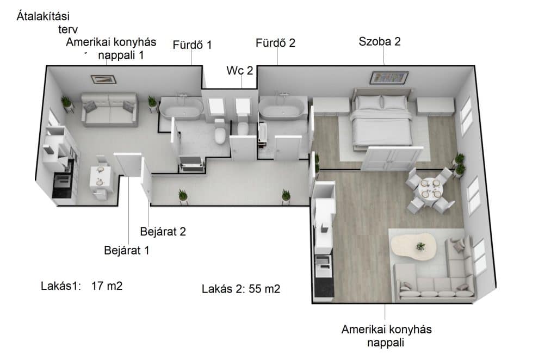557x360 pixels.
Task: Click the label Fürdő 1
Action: click(x=192, y=45)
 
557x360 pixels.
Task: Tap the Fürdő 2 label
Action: click(x=275, y=43)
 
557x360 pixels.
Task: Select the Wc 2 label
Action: click(x=240, y=70)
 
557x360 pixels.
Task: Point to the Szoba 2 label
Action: click(x=380, y=41)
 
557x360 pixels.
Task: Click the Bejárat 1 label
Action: click(x=126, y=250)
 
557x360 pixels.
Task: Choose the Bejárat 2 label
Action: click(x=163, y=232)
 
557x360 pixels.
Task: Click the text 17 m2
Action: click(x=107, y=286)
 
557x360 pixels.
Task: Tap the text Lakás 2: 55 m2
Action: click(x=241, y=289)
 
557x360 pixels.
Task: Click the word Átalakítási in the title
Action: click(x=43, y=16)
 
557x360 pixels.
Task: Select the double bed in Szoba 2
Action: click(x=381, y=119)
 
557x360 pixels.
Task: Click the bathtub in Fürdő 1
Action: click(x=181, y=108)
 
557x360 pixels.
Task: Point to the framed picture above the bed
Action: click(x=389, y=77)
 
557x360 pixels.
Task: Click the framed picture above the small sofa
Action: click(x=103, y=79)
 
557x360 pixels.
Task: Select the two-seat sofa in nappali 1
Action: click(x=109, y=110)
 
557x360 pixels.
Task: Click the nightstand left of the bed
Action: click(x=331, y=106)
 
